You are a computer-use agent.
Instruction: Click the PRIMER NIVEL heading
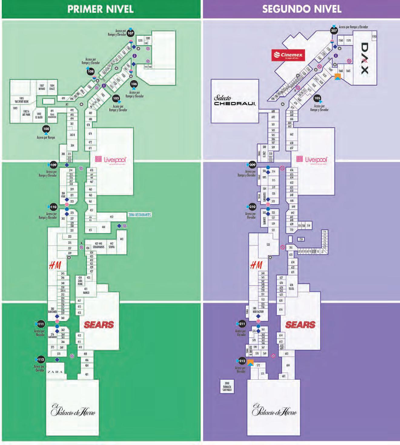pos(101,9)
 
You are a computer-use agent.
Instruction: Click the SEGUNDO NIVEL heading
pos(302,9)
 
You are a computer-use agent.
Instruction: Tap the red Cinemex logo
pos(288,55)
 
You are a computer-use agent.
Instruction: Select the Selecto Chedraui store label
pos(235,100)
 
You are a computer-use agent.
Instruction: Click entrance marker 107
pos(131,33)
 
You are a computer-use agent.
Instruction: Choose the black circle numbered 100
pos(46,129)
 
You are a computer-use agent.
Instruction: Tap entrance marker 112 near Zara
pos(41,360)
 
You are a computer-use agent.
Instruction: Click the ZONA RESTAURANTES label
pos(140,215)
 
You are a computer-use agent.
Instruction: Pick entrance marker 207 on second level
pos(334,31)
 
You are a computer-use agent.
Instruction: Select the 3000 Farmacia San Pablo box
pos(227,387)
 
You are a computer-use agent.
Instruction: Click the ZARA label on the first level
pos(55,372)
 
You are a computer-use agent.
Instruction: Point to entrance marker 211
pos(242,324)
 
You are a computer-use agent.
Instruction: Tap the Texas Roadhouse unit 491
pos(52,114)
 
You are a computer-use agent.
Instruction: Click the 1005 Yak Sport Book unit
pos(21,100)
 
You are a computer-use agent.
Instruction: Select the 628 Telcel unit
pos(291,287)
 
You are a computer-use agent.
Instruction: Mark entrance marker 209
pos(253,165)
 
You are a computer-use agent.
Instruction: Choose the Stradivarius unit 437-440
pos(98,245)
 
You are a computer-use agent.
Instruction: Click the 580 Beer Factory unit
pos(258,310)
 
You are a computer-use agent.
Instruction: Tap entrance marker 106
pos(134,84)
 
